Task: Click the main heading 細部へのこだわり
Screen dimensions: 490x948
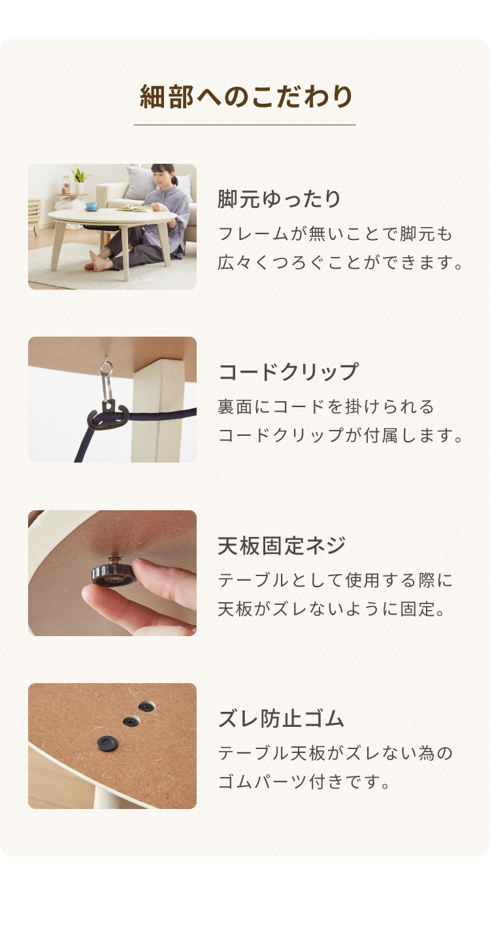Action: point(246,97)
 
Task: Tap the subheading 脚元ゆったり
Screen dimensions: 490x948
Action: point(280,199)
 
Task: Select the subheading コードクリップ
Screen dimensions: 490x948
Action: point(288,372)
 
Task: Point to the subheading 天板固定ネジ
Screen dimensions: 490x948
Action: point(282,545)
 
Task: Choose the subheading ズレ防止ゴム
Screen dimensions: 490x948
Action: point(280,719)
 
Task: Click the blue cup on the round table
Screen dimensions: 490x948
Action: point(92,206)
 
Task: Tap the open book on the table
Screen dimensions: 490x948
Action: point(135,207)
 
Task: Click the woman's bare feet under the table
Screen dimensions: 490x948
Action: point(96,261)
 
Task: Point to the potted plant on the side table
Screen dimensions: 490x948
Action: point(80,181)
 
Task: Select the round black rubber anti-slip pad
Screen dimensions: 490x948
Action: point(107,742)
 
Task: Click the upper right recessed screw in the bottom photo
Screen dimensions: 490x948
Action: point(146,706)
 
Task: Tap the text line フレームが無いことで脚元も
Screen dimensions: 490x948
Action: point(335,234)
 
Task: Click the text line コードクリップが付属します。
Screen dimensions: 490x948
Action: point(340,435)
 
